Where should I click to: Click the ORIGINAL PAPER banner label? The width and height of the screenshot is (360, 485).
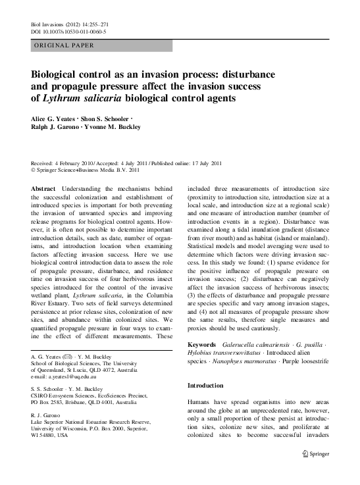click(x=63, y=45)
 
